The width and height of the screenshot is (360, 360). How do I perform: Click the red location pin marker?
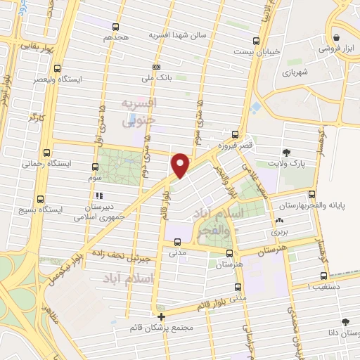pos(181,165)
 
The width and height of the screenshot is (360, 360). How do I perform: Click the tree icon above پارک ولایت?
pos(285,152)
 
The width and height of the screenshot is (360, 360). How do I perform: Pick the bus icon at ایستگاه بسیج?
pos(39,199)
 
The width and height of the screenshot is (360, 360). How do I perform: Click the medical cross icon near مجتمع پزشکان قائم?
pos(161,316)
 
